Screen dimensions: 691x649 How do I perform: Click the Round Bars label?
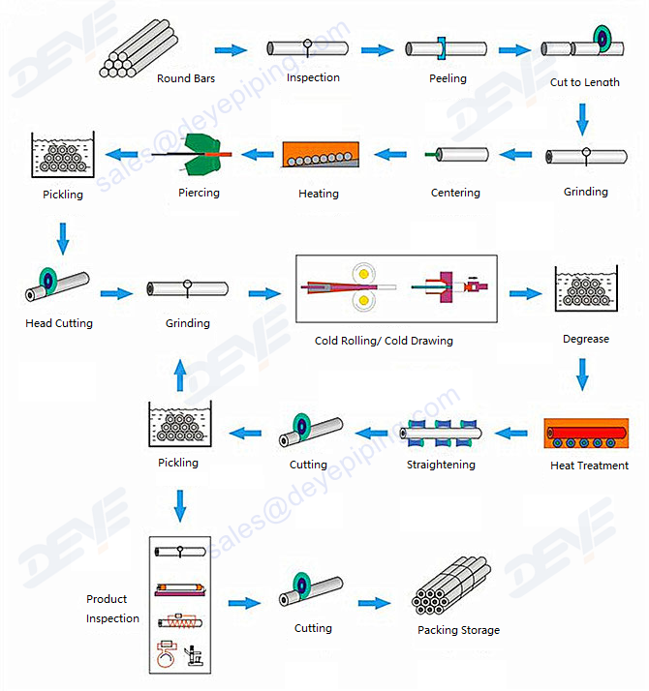(x=186, y=79)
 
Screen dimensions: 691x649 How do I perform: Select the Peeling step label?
(x=448, y=78)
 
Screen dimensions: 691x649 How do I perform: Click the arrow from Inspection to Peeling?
(x=377, y=49)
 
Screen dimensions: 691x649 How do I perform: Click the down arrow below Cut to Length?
(x=582, y=118)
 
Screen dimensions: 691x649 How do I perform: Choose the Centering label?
(x=455, y=193)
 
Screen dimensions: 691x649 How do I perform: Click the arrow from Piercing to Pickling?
(x=122, y=154)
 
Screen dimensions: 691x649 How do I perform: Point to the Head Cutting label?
(x=59, y=323)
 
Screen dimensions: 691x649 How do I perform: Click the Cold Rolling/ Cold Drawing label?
(x=384, y=341)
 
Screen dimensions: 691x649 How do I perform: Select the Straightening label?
(x=441, y=465)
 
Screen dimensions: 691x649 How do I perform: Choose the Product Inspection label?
(x=112, y=609)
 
